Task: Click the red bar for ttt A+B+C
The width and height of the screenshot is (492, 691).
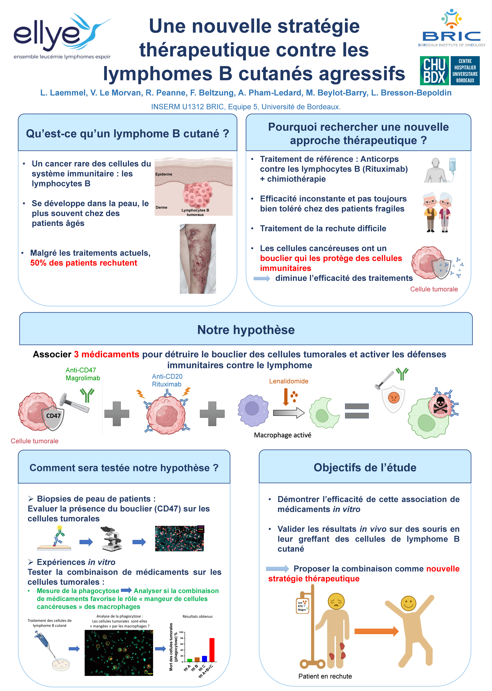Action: (212, 649)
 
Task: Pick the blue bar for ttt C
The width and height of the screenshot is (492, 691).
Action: (204, 659)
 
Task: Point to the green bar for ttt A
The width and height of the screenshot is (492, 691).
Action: (190, 660)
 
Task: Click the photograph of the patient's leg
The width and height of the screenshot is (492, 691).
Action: (198, 259)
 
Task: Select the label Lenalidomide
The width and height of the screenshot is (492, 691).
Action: (289, 381)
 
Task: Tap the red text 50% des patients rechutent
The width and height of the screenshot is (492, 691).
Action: (84, 263)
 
